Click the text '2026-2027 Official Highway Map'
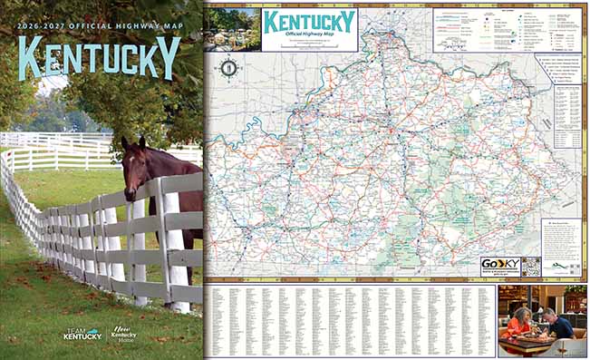click(x=99, y=25)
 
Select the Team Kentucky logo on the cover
click(x=82, y=334)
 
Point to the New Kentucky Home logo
click(x=124, y=333)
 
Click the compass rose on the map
click(x=229, y=66)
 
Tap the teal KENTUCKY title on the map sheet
click(x=308, y=22)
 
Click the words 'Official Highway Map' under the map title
click(x=308, y=36)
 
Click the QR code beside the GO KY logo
click(x=531, y=267)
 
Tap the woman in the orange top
click(x=522, y=322)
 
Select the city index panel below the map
click(x=350, y=320)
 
